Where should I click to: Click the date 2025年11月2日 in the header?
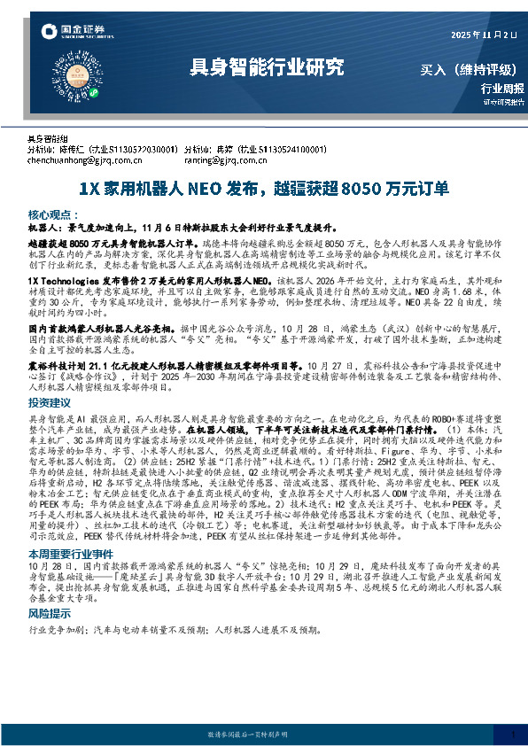[484, 35]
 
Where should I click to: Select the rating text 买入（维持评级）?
[470, 68]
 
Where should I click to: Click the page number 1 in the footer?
[512, 734]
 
